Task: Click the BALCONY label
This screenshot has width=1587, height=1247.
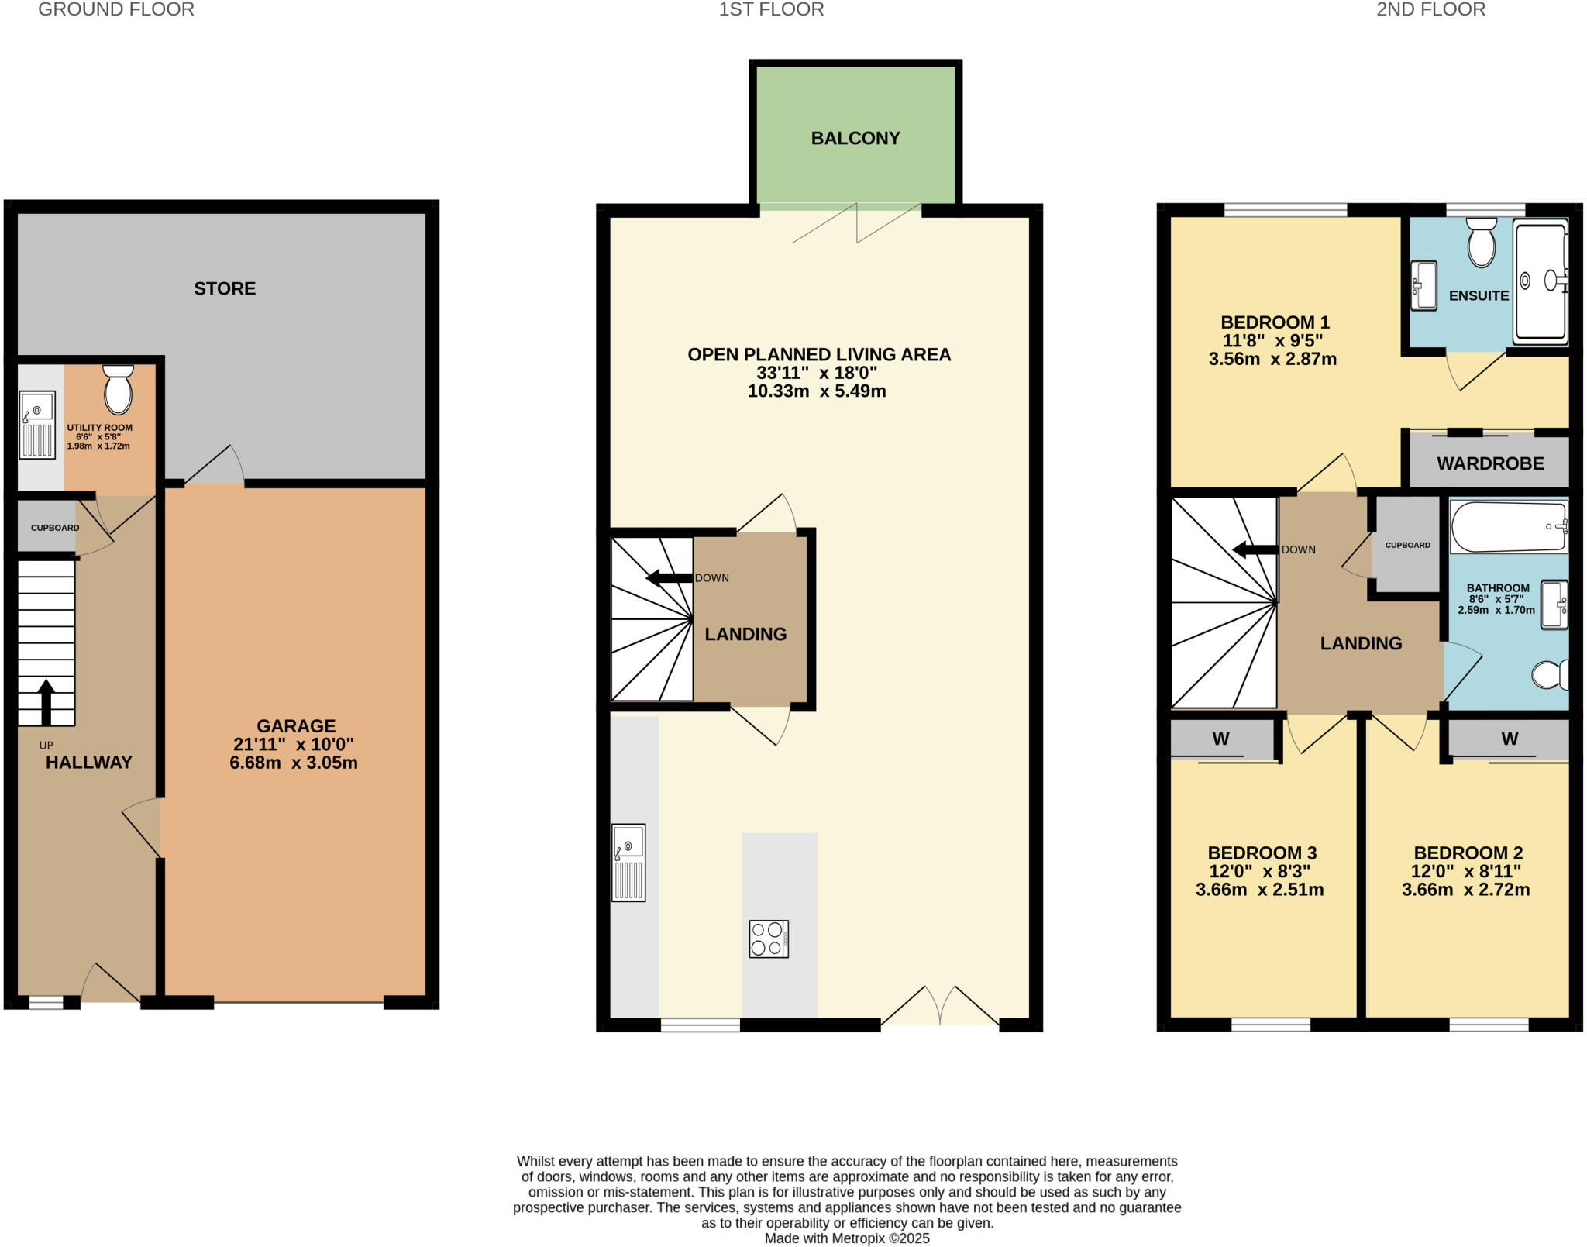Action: pyautogui.click(x=855, y=138)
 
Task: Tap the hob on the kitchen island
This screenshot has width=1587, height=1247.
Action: pyautogui.click(x=768, y=939)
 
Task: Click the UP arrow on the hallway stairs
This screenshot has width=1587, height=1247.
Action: pyautogui.click(x=46, y=701)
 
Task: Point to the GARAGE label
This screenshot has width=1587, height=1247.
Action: pyautogui.click(x=296, y=726)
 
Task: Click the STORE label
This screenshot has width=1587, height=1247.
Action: pyautogui.click(x=225, y=288)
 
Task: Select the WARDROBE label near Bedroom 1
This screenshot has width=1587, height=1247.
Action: pyautogui.click(x=1489, y=463)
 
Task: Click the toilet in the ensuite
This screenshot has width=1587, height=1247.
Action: pyautogui.click(x=1481, y=243)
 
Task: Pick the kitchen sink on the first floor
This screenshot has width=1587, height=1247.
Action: pyautogui.click(x=628, y=862)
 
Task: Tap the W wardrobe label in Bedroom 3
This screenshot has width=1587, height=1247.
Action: pyautogui.click(x=1220, y=739)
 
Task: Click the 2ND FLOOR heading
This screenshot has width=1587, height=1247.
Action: pyautogui.click(x=1430, y=9)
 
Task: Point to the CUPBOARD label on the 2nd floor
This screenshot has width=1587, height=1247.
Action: pyautogui.click(x=1407, y=545)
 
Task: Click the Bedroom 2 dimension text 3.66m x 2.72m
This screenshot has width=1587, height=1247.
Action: pyautogui.click(x=1465, y=890)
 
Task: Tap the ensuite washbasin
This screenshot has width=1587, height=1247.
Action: pyautogui.click(x=1423, y=285)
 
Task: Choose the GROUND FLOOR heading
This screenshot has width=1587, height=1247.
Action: pyautogui.click(x=116, y=9)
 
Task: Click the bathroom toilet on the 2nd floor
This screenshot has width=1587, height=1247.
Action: pyautogui.click(x=1550, y=674)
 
